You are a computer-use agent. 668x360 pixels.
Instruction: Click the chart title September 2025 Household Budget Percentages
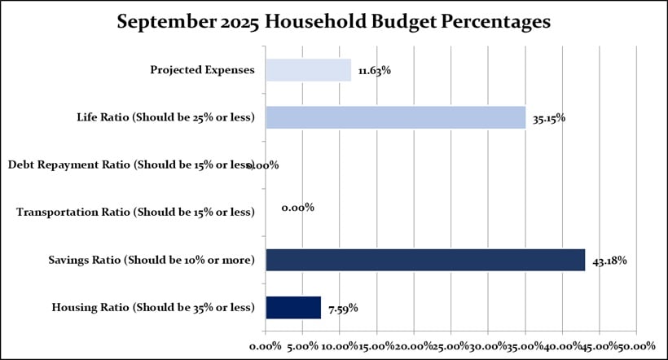(334, 22)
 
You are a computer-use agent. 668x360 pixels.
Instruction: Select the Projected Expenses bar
(308, 70)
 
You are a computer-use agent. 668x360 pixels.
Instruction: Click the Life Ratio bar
(395, 117)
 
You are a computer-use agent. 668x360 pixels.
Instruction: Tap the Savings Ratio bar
(425, 260)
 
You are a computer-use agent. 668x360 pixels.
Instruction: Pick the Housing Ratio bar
(293, 307)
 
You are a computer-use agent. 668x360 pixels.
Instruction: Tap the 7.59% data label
(342, 308)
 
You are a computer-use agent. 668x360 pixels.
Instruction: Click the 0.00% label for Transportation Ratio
(297, 208)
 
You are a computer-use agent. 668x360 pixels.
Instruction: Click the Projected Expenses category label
(202, 70)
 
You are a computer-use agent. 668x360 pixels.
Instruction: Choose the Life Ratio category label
(165, 117)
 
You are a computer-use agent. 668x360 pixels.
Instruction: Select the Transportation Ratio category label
(135, 213)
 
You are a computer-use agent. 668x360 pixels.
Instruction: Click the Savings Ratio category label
(152, 260)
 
